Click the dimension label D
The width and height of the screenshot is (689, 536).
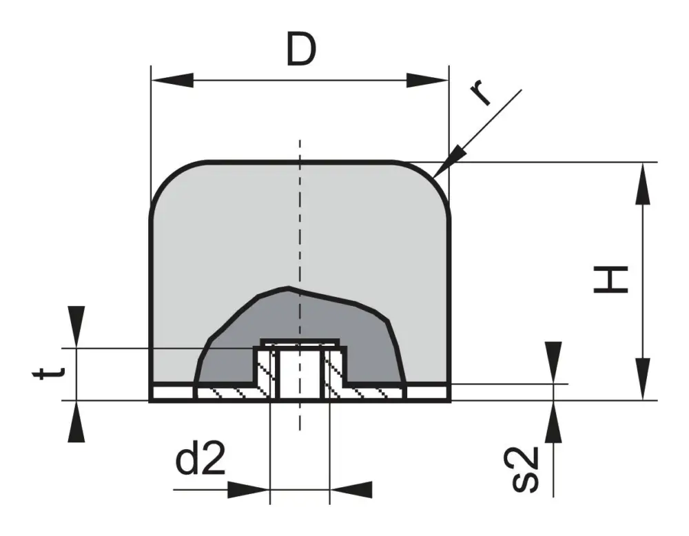click(x=301, y=49)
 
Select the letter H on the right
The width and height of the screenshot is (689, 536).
click(x=610, y=279)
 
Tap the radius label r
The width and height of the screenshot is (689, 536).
click(x=480, y=93)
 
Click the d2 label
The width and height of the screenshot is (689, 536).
click(x=200, y=459)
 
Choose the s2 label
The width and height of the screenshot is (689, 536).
click(x=525, y=468)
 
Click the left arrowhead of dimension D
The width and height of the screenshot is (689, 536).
click(x=172, y=81)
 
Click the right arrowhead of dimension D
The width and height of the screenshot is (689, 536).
click(x=427, y=81)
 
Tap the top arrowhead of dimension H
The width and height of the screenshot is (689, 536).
click(x=643, y=183)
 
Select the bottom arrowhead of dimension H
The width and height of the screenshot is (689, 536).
click(x=643, y=379)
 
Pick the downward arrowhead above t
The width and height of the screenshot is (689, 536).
click(x=76, y=327)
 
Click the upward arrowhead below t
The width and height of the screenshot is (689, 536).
click(x=76, y=422)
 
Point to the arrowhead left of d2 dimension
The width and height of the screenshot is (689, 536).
click(x=248, y=489)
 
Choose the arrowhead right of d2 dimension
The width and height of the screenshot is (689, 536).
click(x=351, y=489)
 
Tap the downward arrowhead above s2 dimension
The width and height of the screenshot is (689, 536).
click(x=553, y=362)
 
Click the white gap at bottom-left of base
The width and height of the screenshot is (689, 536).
click(x=173, y=391)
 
